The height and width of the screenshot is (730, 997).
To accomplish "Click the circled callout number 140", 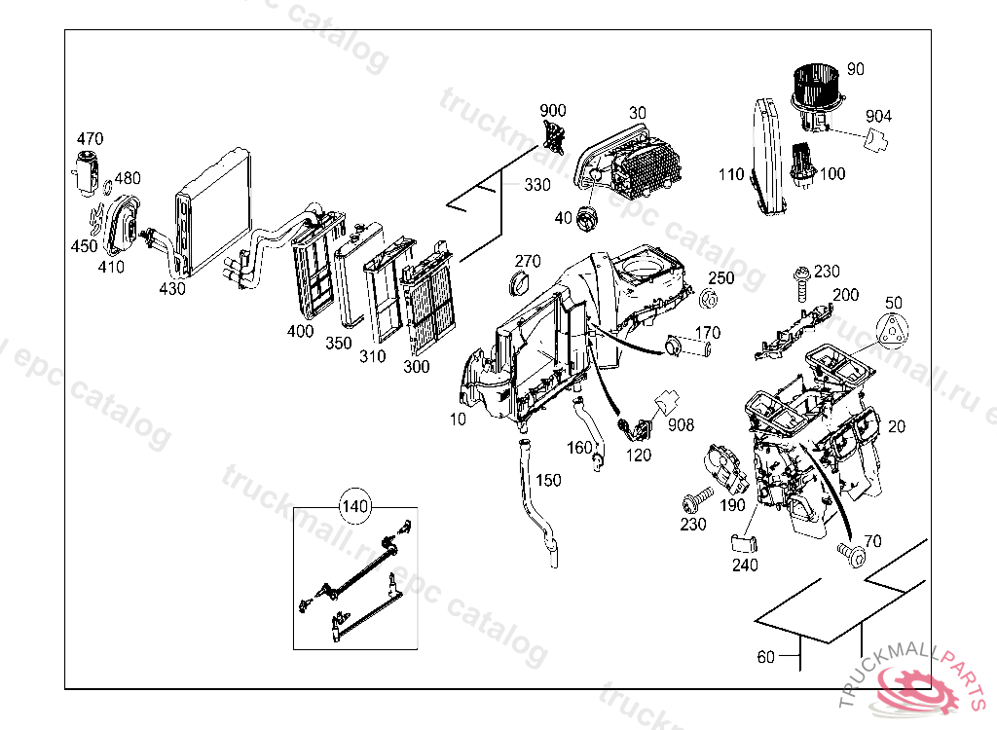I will pyautogui.click(x=356, y=506).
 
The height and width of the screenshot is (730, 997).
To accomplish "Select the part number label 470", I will pyautogui.click(x=90, y=139).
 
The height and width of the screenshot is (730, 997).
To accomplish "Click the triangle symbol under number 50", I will pyautogui.click(x=893, y=330).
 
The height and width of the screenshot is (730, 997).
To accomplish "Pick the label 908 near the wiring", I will pyautogui.click(x=682, y=424).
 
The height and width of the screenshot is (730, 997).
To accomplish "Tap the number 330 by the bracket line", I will pyautogui.click(x=536, y=185).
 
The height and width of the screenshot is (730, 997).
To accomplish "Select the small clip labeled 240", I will pyautogui.click(x=743, y=541).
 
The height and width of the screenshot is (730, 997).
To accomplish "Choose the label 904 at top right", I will pyautogui.click(x=878, y=117).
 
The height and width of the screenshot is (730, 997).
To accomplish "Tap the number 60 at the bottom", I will pyautogui.click(x=766, y=657).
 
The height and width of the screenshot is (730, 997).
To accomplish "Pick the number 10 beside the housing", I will pyautogui.click(x=458, y=419).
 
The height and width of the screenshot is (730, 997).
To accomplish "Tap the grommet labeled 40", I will pyautogui.click(x=587, y=220).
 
